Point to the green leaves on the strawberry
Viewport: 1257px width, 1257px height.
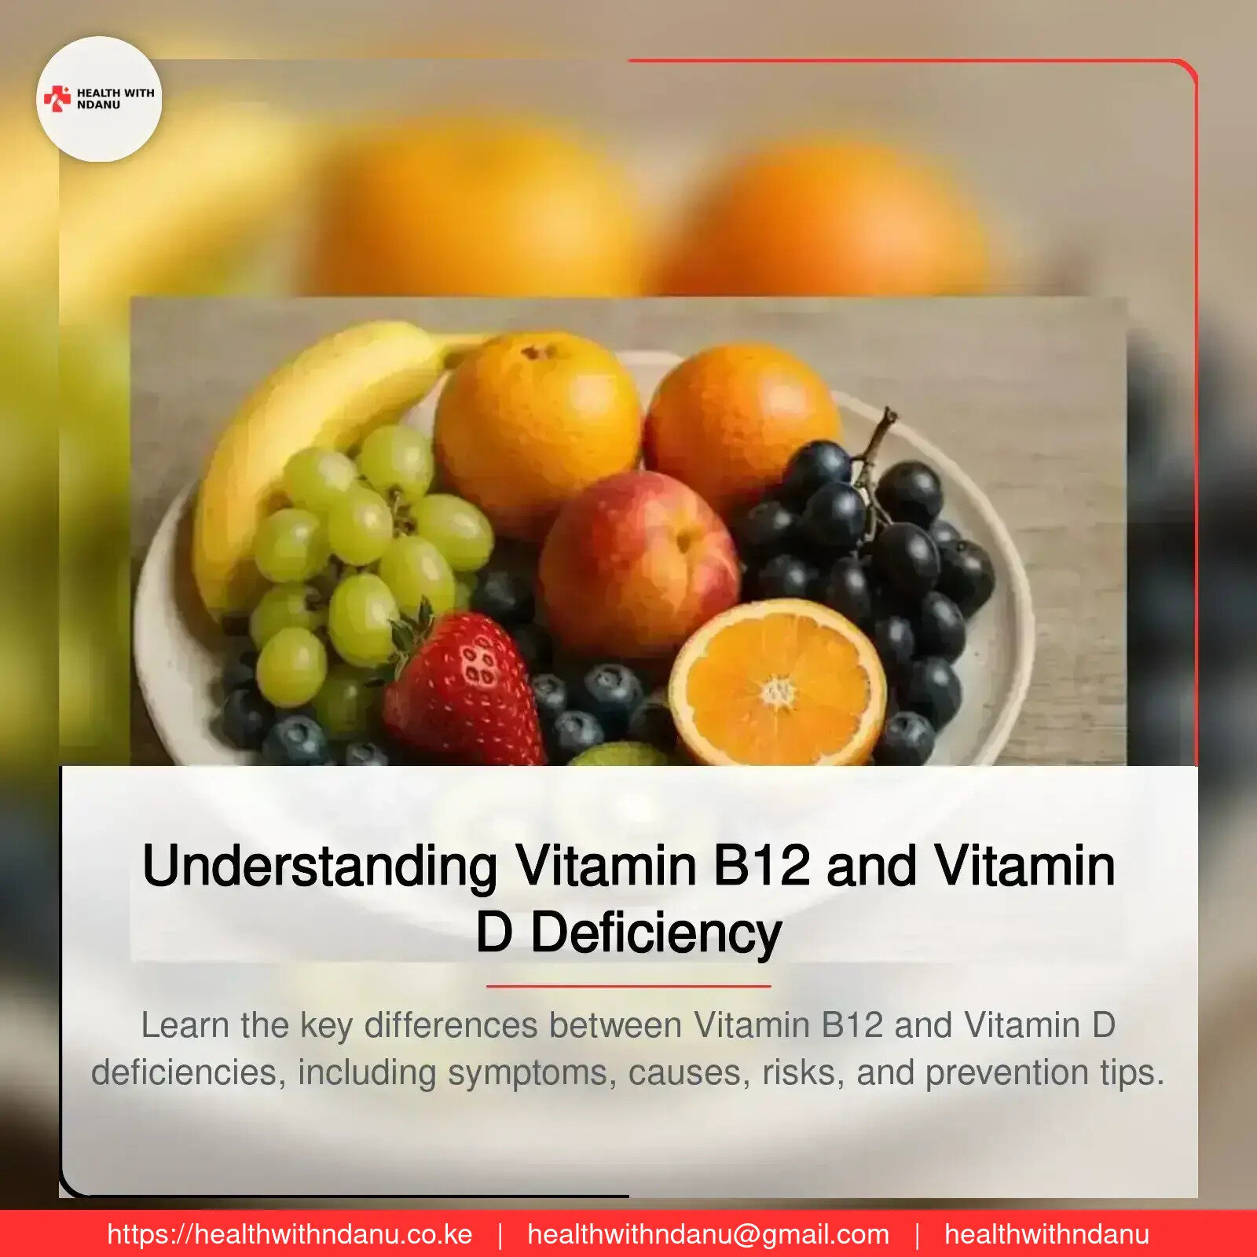(x=412, y=628)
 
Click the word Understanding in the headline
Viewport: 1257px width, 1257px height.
(x=319, y=866)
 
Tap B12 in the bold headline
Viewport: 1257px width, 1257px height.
(x=761, y=866)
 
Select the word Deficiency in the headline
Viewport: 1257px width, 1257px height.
(x=656, y=933)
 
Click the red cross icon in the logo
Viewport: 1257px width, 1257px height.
(x=57, y=98)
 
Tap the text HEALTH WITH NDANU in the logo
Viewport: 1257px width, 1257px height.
(x=115, y=98)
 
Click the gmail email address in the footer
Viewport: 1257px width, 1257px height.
(x=708, y=1234)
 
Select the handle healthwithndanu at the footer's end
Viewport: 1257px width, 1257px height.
(x=1046, y=1234)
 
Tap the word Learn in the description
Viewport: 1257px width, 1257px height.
(x=185, y=1025)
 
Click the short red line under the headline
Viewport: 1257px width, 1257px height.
(x=628, y=985)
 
